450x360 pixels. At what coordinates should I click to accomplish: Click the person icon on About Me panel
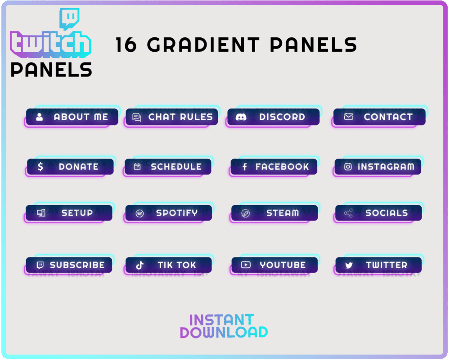[x=40, y=117]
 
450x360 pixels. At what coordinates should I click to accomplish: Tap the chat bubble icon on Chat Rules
[x=137, y=117]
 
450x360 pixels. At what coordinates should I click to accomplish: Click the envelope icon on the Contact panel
[x=348, y=117]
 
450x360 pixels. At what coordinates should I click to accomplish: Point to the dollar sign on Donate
[x=40, y=167]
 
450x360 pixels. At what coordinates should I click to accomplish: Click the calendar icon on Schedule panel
[x=137, y=167]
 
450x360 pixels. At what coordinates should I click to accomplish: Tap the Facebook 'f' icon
[x=244, y=167]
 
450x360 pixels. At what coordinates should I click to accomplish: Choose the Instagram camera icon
[x=348, y=167]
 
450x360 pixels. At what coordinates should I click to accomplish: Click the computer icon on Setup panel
[x=41, y=213]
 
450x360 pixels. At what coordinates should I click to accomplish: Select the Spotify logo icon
[x=139, y=213]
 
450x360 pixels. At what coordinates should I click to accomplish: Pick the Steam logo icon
[x=245, y=213]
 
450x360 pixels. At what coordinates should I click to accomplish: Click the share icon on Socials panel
[x=348, y=213]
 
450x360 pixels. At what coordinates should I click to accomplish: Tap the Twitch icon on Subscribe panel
[x=40, y=265]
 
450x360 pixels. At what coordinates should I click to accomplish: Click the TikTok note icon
[x=140, y=265]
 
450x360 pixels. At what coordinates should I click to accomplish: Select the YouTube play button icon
[x=245, y=265]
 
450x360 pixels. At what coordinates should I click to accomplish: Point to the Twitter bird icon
[x=349, y=265]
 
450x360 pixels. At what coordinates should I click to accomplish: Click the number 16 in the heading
[x=126, y=45]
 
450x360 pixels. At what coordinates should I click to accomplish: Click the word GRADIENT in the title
[x=203, y=45]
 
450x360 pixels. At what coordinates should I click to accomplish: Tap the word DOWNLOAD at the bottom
[x=224, y=333]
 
